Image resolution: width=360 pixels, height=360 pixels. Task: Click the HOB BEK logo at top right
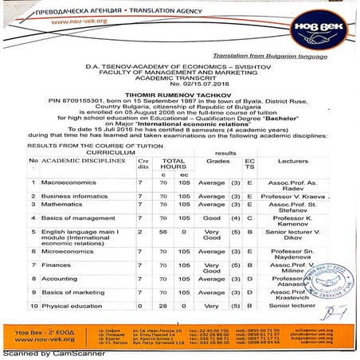point(323,18)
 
